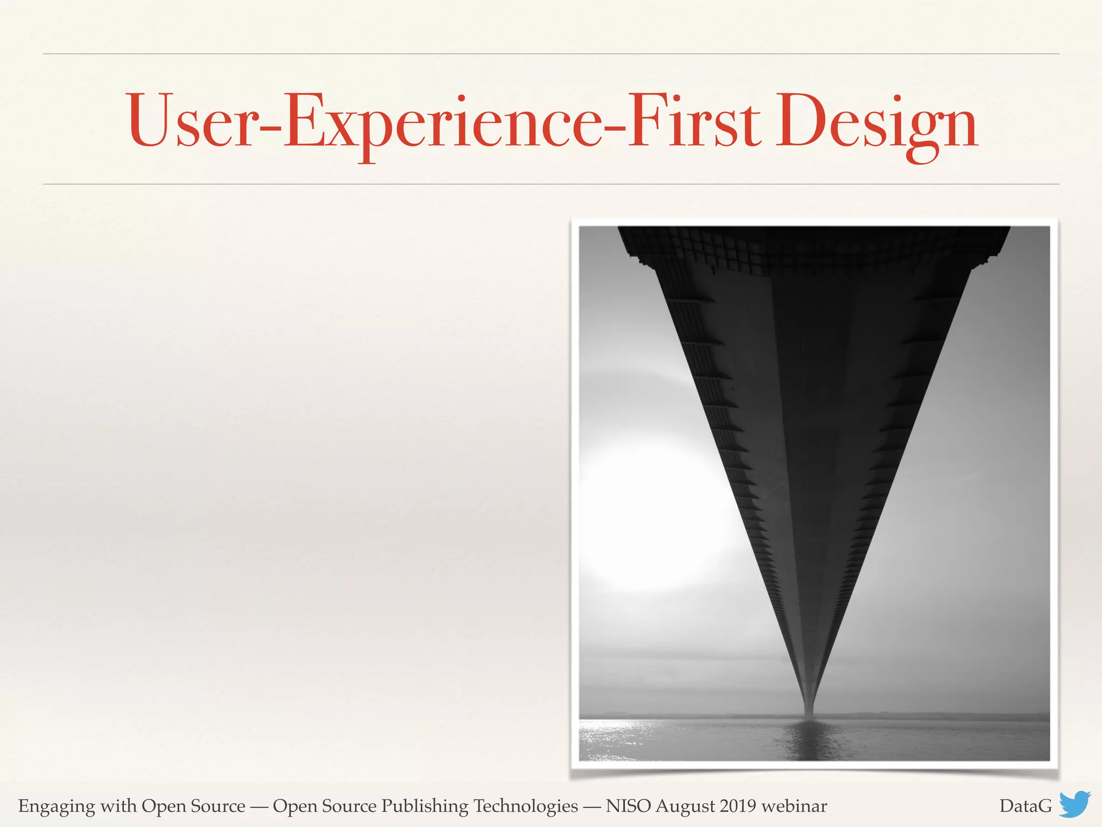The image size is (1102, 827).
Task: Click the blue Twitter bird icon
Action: point(1075,804)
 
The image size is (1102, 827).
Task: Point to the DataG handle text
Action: point(1026,806)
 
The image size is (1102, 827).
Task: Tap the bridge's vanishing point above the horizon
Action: point(809,705)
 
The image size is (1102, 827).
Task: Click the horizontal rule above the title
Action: point(551,54)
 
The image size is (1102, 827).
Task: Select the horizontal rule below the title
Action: point(551,184)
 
